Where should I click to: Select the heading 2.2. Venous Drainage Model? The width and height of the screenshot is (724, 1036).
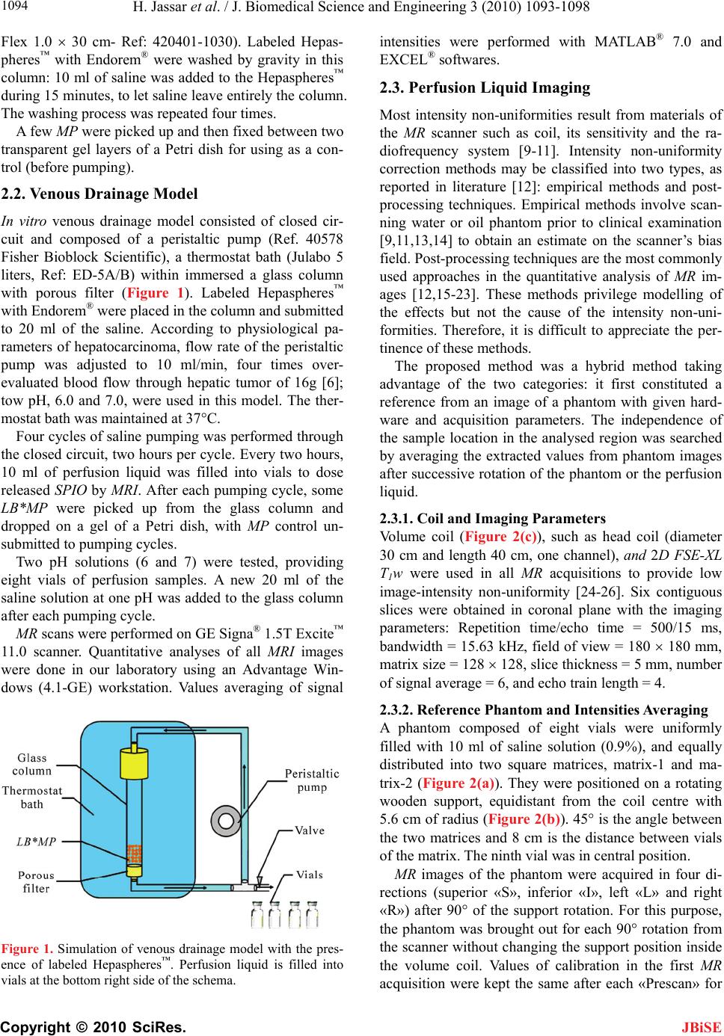[x=99, y=194]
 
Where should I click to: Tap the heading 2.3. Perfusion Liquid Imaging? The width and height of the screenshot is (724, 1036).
[x=485, y=88]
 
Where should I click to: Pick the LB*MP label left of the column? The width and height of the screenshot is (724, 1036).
[x=36, y=841]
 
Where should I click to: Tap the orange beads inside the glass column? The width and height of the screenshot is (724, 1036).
[x=135, y=851]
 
